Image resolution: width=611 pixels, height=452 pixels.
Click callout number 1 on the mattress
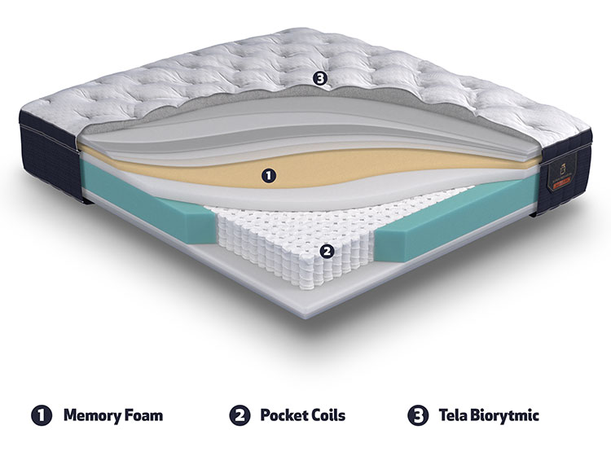269,176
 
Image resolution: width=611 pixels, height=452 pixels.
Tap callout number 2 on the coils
327,252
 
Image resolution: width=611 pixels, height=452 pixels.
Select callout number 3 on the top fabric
319,79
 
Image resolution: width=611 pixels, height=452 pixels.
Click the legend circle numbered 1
42,415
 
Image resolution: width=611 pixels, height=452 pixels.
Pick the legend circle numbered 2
240,415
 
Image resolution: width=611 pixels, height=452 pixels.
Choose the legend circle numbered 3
418,415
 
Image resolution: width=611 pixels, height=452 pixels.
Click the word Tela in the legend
452,415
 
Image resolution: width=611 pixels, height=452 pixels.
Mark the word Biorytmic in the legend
504,416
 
